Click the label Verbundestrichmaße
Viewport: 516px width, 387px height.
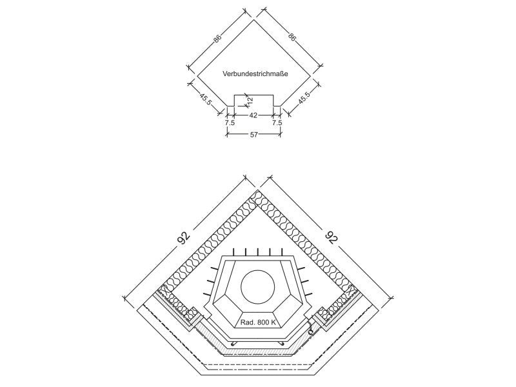pyautogui.click(x=255, y=74)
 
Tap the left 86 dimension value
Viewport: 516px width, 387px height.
pyautogui.click(x=217, y=38)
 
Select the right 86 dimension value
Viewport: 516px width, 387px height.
pyautogui.click(x=292, y=36)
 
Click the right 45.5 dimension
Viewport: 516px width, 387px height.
pyautogui.click(x=304, y=98)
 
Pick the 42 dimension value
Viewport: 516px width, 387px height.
pyautogui.click(x=253, y=115)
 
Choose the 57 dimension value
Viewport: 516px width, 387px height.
pyautogui.click(x=253, y=135)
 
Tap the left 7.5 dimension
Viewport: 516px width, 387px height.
pyautogui.click(x=230, y=123)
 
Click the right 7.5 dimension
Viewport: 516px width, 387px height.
pyautogui.click(x=277, y=123)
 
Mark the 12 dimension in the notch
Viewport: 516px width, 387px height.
pyautogui.click(x=250, y=101)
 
